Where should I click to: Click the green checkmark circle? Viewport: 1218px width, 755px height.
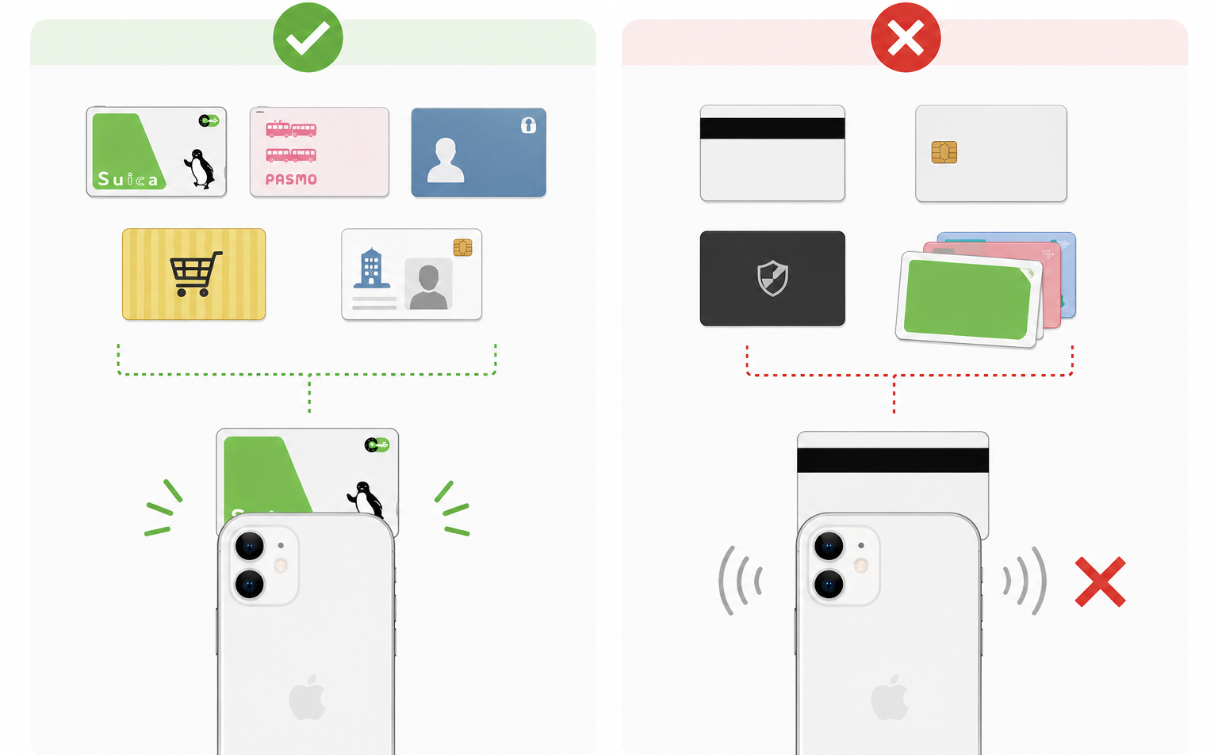click(308, 37)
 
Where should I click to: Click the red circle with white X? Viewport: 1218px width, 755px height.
click(906, 37)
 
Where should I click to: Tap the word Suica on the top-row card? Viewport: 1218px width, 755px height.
click(128, 179)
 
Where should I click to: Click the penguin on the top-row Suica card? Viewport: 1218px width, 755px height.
click(200, 169)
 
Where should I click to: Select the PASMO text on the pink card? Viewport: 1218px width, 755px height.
click(291, 179)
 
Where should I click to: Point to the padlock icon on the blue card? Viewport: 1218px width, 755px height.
click(529, 125)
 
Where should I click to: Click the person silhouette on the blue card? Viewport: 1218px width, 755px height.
click(446, 160)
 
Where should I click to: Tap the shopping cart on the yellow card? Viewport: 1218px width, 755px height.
click(196, 274)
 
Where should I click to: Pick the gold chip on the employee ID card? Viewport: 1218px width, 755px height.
click(463, 248)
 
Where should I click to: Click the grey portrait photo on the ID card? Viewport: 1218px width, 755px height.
click(428, 284)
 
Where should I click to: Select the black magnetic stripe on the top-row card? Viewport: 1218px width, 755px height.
click(772, 128)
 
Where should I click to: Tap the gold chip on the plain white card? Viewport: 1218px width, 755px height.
click(944, 152)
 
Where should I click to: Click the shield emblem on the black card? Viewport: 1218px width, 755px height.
click(772, 278)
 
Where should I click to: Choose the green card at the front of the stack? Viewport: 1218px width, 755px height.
click(968, 299)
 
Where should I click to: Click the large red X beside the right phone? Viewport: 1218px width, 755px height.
click(1100, 582)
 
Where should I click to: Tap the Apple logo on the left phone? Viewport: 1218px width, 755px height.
click(307, 697)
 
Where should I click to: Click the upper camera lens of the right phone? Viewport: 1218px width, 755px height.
click(828, 546)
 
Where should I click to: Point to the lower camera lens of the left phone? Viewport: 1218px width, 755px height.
click(249, 585)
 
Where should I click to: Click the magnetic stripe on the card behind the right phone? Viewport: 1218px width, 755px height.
click(893, 460)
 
